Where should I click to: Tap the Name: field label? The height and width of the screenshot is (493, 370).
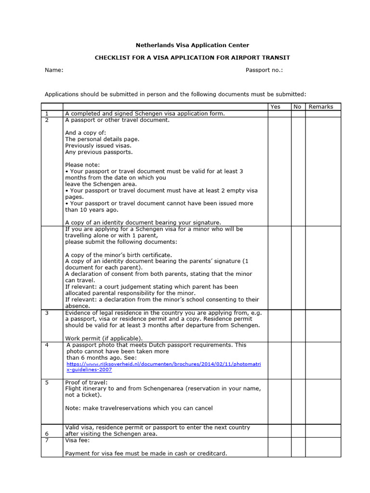(54, 70)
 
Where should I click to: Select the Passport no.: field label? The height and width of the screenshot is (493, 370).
(264, 70)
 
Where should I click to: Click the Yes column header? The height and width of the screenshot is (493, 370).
(275, 107)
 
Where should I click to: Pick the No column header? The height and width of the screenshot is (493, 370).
(298, 107)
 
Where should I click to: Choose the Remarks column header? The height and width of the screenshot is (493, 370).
(320, 107)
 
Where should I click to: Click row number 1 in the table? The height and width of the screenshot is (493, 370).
(47, 114)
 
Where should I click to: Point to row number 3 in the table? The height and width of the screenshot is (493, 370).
(47, 313)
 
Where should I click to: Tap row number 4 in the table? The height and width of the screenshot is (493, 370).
(47, 345)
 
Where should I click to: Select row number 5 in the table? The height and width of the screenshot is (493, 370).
(47, 382)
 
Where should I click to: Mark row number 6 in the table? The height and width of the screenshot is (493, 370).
(47, 434)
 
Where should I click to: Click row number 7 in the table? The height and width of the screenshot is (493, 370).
(47, 440)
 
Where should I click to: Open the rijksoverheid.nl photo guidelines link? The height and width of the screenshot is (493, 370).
(163, 364)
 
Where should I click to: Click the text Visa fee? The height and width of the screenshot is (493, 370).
(77, 440)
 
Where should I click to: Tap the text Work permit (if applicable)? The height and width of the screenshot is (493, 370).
(104, 338)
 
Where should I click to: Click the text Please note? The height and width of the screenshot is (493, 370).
(82, 165)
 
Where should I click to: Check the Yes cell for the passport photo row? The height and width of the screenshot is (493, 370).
(279, 360)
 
